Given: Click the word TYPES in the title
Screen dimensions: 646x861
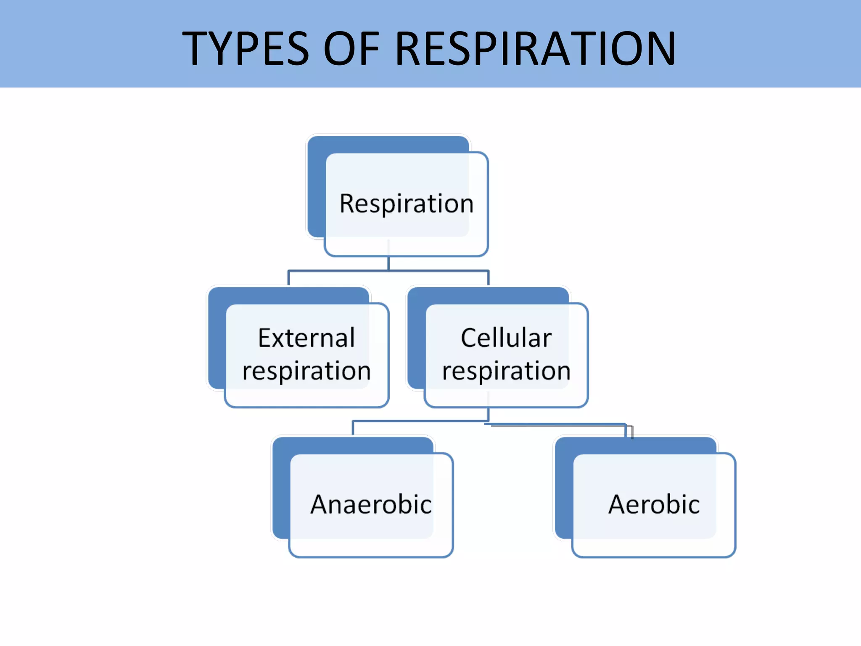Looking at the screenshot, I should pos(246,49).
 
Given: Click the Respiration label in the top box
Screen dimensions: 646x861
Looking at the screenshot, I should pos(406,204).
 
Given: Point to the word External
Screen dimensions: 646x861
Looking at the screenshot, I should pos(306,338).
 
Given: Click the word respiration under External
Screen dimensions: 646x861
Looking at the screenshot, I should pos(306,371).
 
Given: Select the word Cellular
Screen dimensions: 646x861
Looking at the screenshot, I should pos(506,338).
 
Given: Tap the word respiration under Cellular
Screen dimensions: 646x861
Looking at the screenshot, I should pos(506,371).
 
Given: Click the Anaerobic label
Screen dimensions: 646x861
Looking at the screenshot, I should pos(371,504).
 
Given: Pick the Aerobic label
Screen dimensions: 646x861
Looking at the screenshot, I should pos(654,504).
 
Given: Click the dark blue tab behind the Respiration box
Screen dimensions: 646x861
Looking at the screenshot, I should pos(316,189).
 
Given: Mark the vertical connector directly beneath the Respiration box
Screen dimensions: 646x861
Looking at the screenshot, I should pos(388,263).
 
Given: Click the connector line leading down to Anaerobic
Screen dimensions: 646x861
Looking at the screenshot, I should pos(353,428).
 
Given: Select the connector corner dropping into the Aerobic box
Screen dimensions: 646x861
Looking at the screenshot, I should pos(629,429).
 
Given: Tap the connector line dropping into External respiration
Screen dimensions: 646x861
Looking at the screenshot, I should pos(288,278).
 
